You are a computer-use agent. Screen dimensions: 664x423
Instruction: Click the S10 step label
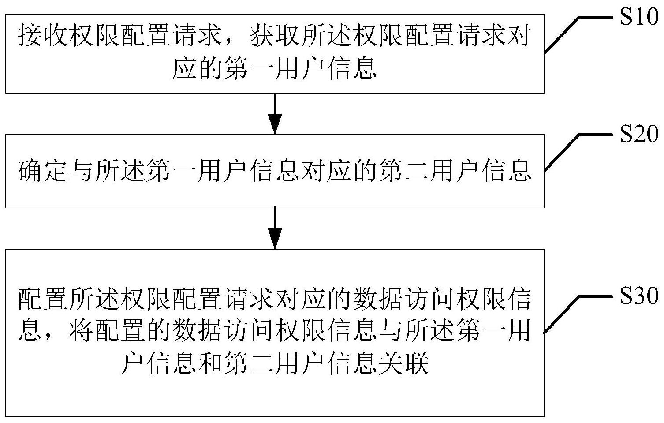point(639,17)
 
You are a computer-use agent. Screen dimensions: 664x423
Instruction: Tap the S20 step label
point(639,134)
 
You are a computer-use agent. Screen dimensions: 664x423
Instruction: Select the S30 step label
point(639,296)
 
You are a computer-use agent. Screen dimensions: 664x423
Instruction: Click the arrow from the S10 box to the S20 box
point(275,114)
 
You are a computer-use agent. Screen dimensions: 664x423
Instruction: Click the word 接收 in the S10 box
point(43,37)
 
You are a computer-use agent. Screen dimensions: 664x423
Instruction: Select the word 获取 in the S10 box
point(276,37)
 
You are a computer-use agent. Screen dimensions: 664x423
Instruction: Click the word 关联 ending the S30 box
point(403,364)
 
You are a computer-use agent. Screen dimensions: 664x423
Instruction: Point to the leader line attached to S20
point(578,153)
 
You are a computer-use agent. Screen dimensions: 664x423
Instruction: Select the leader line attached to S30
point(578,314)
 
